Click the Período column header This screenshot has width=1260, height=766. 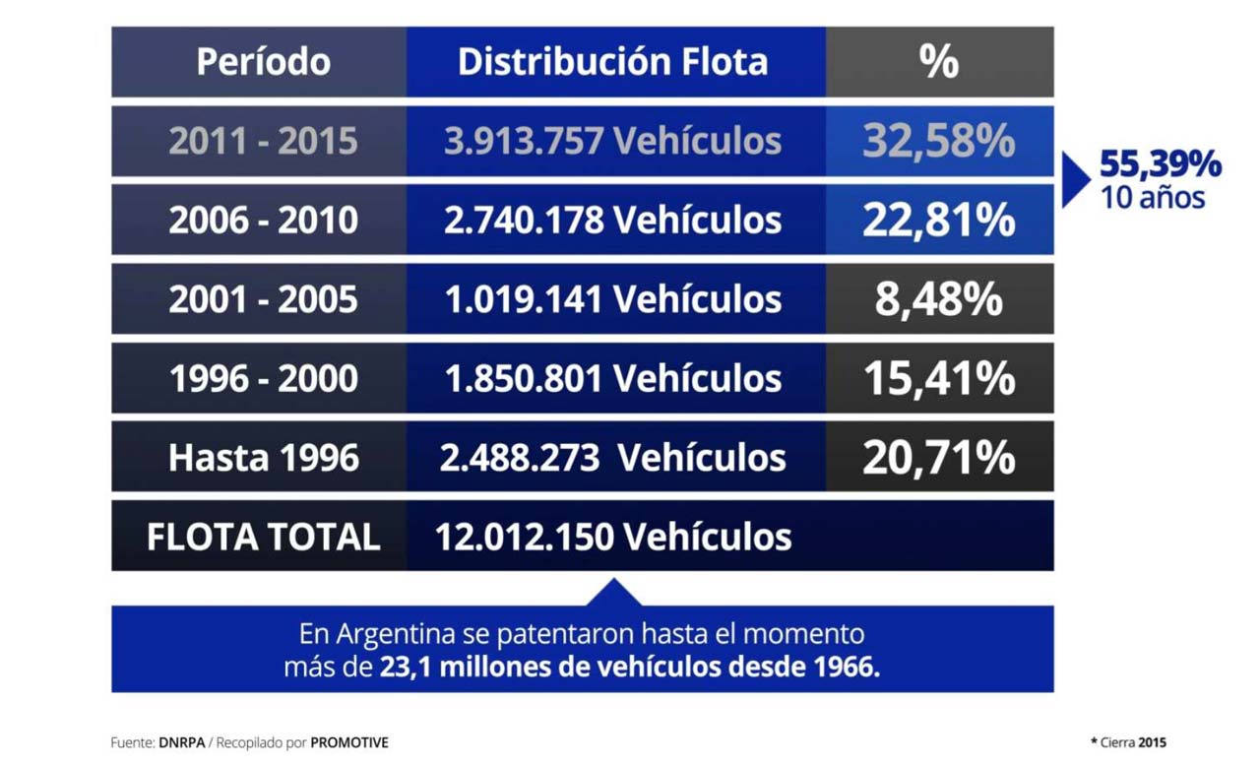pyautogui.click(x=263, y=62)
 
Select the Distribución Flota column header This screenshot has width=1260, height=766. pyautogui.click(x=612, y=62)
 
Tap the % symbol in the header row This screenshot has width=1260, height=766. pyautogui.click(x=939, y=62)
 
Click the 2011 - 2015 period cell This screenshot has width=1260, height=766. pyautogui.click(x=263, y=142)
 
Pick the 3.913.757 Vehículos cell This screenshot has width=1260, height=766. pyautogui.click(x=612, y=142)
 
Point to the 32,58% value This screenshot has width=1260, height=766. pyautogui.click(x=939, y=142)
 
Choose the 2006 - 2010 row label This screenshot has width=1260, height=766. pyautogui.click(x=263, y=221)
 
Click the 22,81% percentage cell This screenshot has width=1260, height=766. pyautogui.click(x=939, y=221)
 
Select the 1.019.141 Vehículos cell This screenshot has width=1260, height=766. pyautogui.click(x=612, y=299)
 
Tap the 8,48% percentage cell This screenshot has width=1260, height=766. pyautogui.click(x=939, y=299)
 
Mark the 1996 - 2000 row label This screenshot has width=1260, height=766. pyautogui.click(x=263, y=379)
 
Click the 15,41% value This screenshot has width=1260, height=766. pyautogui.click(x=939, y=379)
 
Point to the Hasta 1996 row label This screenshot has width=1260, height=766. pyautogui.click(x=263, y=458)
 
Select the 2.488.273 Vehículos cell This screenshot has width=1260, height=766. pyautogui.click(x=612, y=458)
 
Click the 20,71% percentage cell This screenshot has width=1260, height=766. pyautogui.click(x=939, y=458)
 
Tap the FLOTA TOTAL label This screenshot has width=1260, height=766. pyautogui.click(x=263, y=538)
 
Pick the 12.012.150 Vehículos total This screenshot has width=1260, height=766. pyautogui.click(x=612, y=538)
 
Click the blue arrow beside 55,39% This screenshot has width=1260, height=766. pyautogui.click(x=1074, y=180)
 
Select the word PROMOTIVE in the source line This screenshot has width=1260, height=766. pyautogui.click(x=349, y=742)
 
